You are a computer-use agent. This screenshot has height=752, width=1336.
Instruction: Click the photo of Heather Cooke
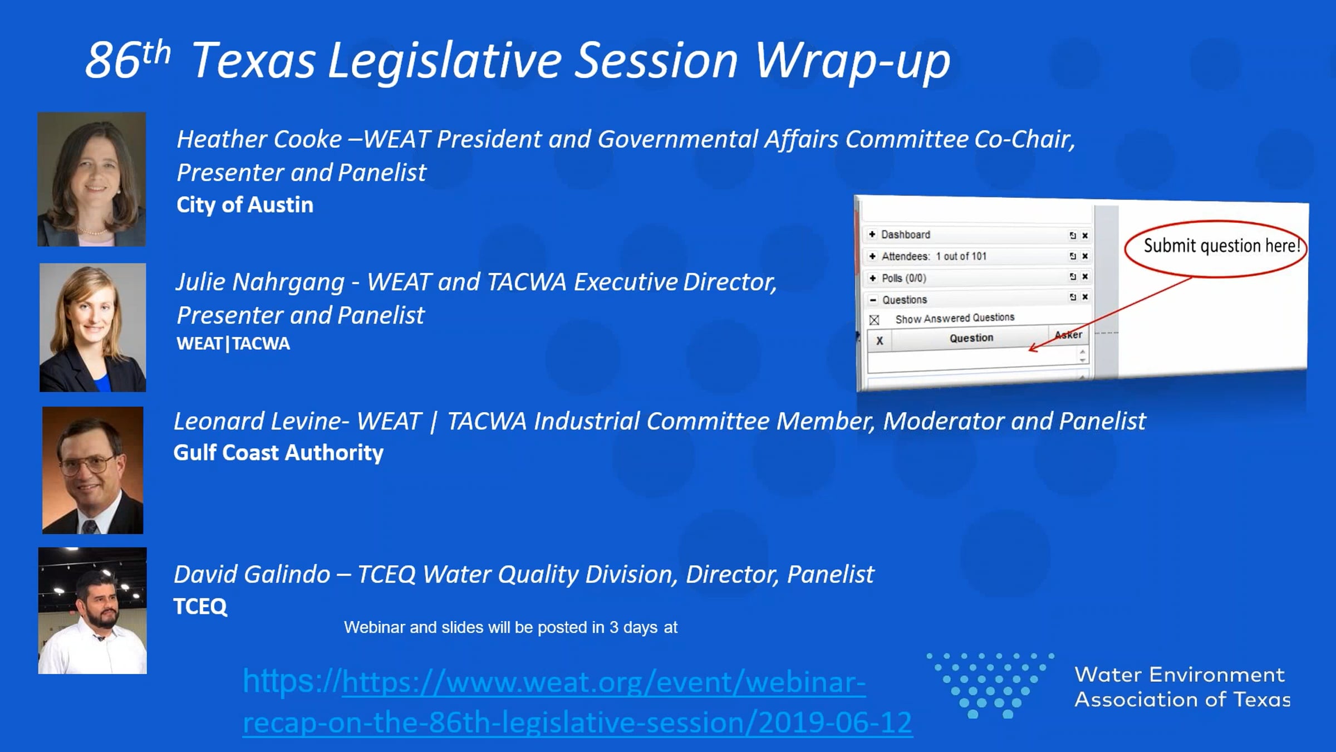tap(92, 179)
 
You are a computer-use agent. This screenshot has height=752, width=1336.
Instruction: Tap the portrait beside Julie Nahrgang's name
tap(93, 328)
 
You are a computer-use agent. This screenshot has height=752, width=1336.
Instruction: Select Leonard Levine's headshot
tap(93, 470)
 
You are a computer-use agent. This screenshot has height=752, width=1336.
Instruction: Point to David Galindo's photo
tap(92, 611)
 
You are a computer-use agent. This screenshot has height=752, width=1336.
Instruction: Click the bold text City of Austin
tap(245, 205)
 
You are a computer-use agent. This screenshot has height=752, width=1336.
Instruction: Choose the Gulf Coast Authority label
tap(278, 453)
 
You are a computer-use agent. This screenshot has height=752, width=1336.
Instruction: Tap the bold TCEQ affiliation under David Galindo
tap(200, 606)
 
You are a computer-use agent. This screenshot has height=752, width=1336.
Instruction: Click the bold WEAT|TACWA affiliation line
tap(233, 343)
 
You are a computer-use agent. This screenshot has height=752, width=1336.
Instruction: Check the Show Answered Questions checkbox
tap(874, 320)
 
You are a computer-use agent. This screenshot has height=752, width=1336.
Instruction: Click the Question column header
tap(971, 338)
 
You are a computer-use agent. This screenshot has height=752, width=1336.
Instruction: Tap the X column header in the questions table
tap(880, 341)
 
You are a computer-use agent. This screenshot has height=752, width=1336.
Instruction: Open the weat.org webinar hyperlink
tap(577, 702)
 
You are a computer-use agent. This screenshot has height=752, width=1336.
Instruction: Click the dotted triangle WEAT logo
tap(990, 685)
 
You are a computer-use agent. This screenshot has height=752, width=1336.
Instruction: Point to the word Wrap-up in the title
tap(852, 61)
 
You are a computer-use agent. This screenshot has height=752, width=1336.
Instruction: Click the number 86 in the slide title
tap(112, 60)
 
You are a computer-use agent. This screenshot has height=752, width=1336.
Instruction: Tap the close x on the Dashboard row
tap(1085, 236)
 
